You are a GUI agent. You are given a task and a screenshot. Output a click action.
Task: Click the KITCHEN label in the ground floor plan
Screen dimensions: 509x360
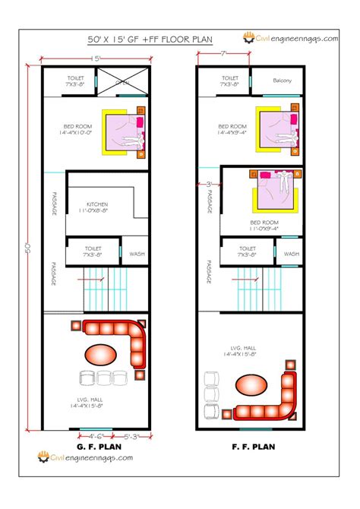pyautogui.click(x=96, y=204)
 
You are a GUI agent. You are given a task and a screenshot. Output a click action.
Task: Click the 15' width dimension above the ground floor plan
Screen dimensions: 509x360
pyautogui.click(x=96, y=58)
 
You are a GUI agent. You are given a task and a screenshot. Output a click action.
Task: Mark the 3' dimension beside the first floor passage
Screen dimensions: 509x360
pyautogui.click(x=209, y=185)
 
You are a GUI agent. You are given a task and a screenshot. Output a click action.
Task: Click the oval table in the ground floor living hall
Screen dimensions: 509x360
pyautogui.click(x=100, y=354)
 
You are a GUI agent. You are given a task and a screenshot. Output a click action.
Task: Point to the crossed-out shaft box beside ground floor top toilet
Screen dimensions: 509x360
pyautogui.click(x=122, y=81)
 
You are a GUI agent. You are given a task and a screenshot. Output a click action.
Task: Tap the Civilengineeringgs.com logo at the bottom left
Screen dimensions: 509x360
pyautogui.click(x=85, y=457)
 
